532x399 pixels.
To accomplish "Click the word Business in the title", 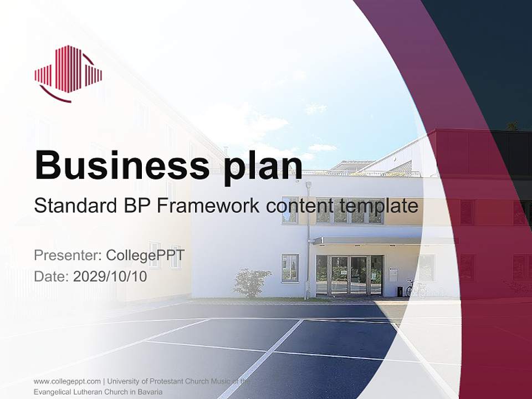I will pos(117,164).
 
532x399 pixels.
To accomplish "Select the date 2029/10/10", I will pos(110,276).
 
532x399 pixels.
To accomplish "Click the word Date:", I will pos(52,276).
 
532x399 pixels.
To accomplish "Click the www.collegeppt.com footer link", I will pos(67,381).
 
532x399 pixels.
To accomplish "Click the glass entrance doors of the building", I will pos(349,275).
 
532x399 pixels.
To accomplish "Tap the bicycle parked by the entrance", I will pos(413,288).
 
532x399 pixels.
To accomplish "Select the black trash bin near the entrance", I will pos(400,291).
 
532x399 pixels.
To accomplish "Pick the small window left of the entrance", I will pos(290,268).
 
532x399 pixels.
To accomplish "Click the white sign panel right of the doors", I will pos(393,275).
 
